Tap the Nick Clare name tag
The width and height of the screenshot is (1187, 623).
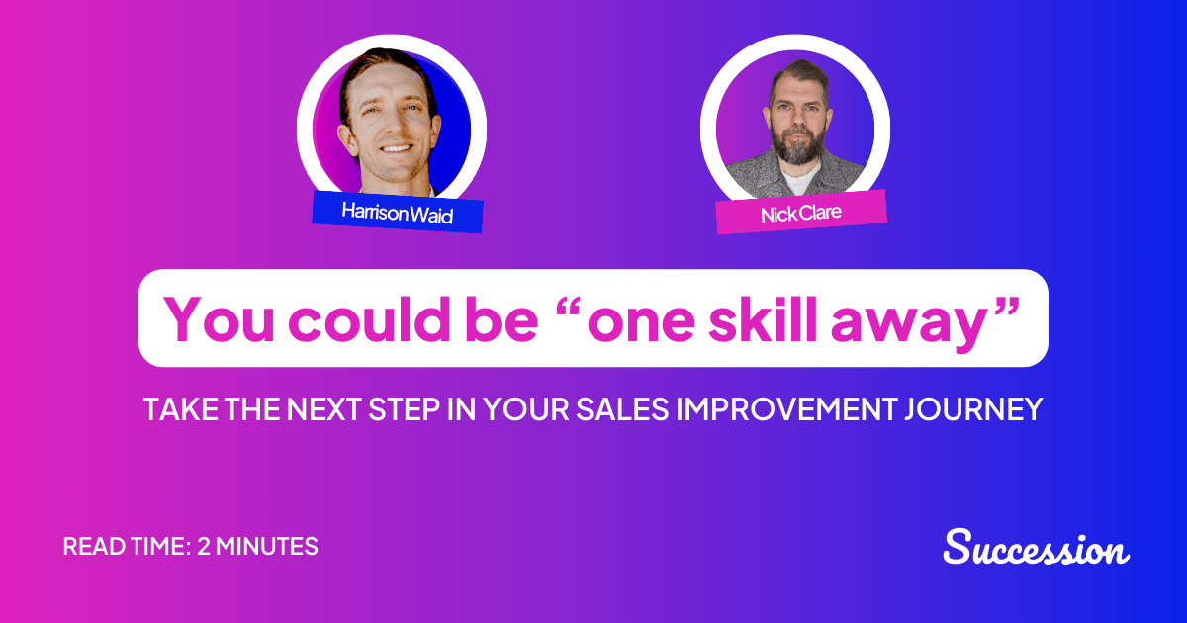click(801, 212)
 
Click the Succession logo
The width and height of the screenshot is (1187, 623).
click(1036, 547)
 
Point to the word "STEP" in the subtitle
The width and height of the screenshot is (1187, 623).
click(397, 409)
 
